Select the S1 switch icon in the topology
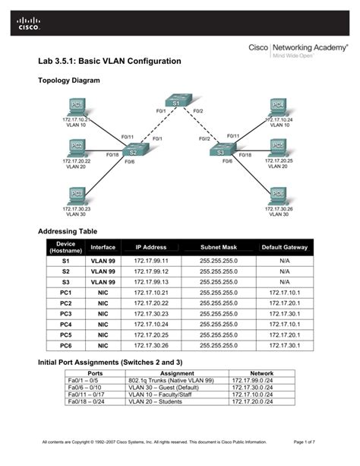[x=174, y=102]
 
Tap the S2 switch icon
[x=131, y=151]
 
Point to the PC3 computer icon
[x=76, y=195]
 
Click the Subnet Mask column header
[x=219, y=247]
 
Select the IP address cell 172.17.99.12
[x=150, y=271]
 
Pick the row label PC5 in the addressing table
[x=65, y=334]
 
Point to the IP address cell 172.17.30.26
[x=150, y=345]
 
